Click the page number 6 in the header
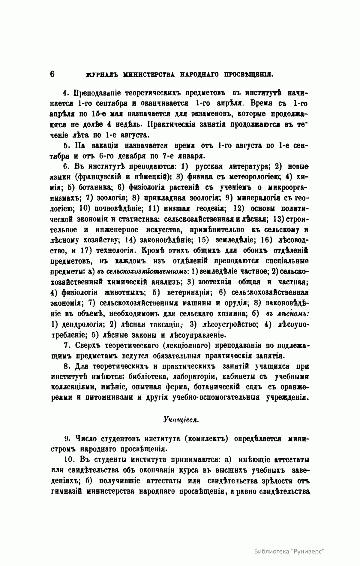click(x=52, y=74)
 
